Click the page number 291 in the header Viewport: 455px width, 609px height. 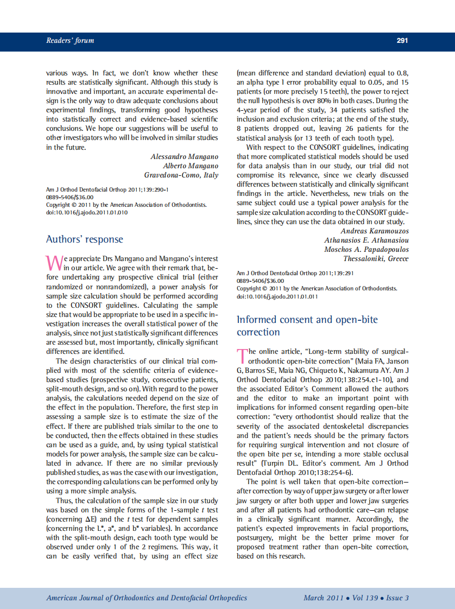point(402,41)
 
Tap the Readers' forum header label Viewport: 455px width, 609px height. point(70,41)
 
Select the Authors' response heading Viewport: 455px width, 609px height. point(85,239)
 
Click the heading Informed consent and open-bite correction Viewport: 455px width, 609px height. point(307,326)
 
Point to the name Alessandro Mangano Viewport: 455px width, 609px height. point(184,157)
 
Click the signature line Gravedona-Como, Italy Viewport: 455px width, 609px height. point(181,175)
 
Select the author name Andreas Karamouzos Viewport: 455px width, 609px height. point(374,231)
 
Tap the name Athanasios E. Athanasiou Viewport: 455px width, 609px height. point(366,240)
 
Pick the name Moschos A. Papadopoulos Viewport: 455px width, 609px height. point(366,250)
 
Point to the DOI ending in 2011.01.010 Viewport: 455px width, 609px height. point(87,213)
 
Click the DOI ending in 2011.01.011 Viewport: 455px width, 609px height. point(277,296)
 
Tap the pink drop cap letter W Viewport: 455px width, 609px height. point(54,262)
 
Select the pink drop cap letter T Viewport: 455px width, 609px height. point(242,356)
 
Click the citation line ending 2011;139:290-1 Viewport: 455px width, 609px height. point(108,190)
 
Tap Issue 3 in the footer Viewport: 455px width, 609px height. point(397,598)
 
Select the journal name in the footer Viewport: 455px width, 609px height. point(147,598)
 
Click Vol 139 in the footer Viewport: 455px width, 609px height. point(365,598)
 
